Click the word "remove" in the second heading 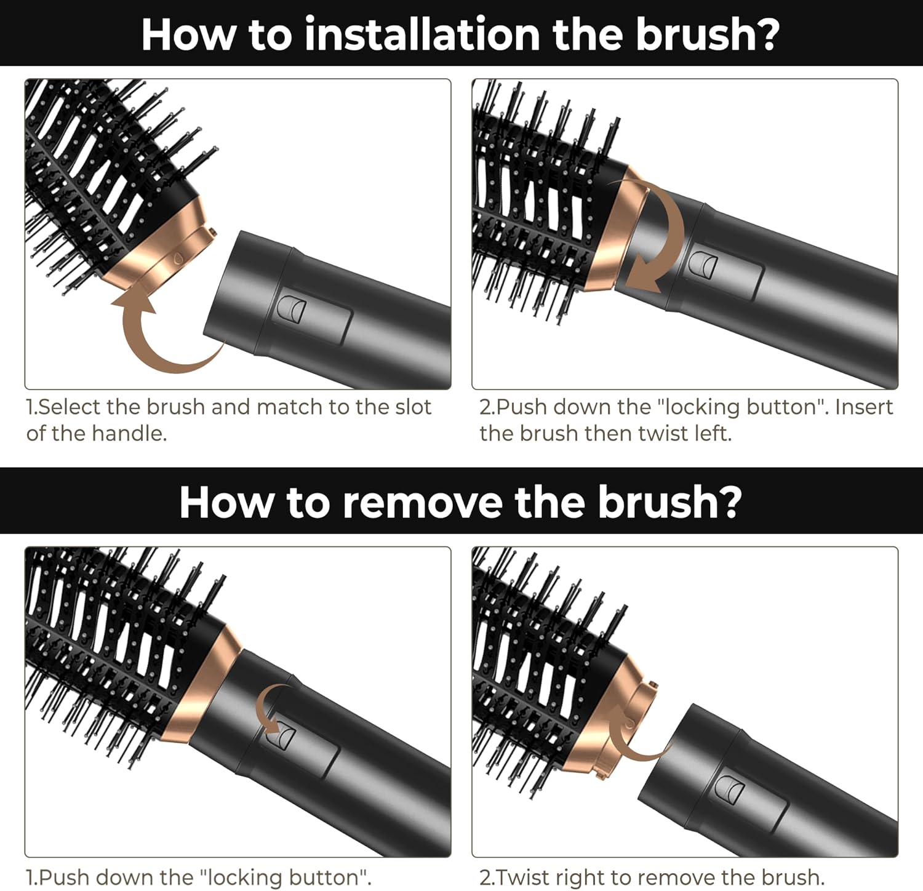[x=423, y=502]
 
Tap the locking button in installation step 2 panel [x=702, y=264]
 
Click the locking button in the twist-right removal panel [x=731, y=790]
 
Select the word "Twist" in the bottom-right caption [x=522, y=877]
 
